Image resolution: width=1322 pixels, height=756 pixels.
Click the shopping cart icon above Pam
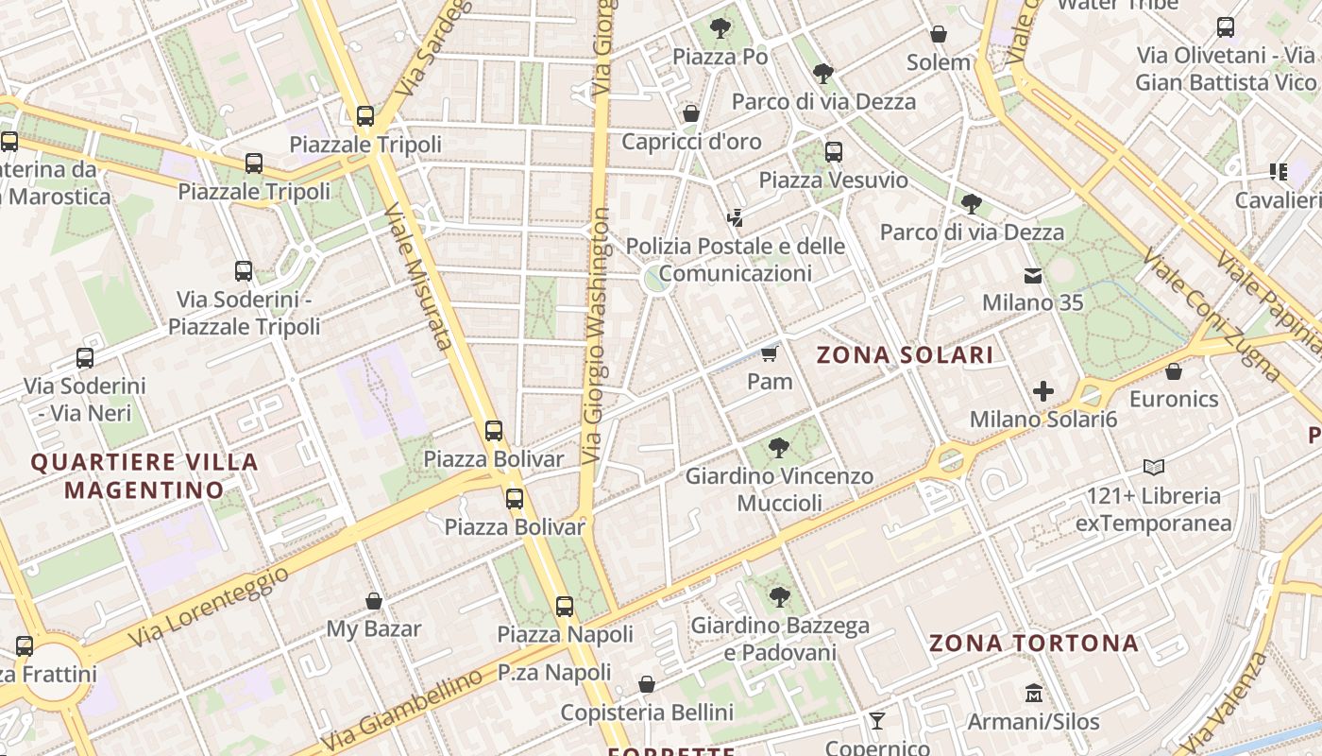tap(770, 354)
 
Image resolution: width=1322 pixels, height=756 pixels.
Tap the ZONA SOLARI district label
tap(905, 355)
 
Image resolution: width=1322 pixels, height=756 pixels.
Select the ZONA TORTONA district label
tap(1034, 644)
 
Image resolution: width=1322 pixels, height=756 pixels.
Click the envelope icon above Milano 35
tap(1033, 276)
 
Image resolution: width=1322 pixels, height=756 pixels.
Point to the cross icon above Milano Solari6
tap(1043, 391)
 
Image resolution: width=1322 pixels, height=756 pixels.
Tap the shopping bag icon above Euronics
tap(1174, 371)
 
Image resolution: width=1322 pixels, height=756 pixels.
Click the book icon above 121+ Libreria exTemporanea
tap(1153, 467)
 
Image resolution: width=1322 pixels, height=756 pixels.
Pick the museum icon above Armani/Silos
tap(1034, 694)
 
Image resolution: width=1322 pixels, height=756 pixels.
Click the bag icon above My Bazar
tap(374, 601)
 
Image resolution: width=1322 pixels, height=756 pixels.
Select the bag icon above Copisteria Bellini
tap(647, 684)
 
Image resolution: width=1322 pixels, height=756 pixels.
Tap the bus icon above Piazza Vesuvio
tap(833, 151)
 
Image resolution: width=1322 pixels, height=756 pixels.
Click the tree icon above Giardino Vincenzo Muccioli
tap(779, 448)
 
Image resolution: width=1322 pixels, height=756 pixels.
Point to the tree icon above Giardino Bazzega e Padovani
tap(779, 596)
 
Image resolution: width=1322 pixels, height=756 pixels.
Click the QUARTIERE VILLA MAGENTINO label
tap(144, 476)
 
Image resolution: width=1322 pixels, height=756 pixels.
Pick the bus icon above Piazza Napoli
tap(565, 607)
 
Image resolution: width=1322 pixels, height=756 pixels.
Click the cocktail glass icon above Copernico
tap(877, 721)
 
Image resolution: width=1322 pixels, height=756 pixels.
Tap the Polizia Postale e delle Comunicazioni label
tap(736, 260)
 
